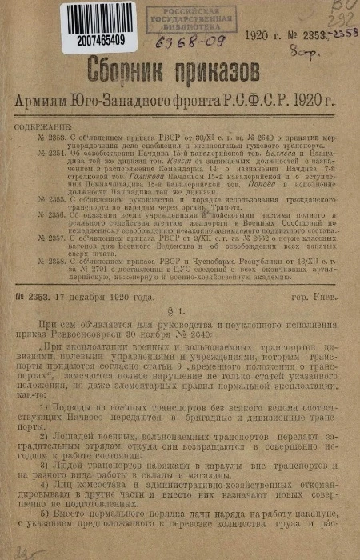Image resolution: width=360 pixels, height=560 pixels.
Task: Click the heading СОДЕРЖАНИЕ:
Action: [61, 126]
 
